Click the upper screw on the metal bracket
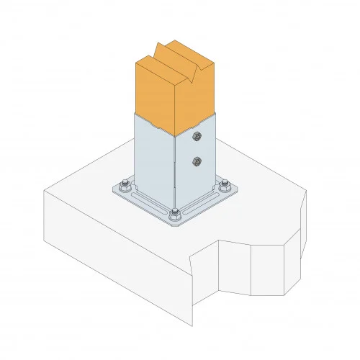197,136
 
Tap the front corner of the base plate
176,224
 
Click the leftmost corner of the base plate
113,191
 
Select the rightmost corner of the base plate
240,190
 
